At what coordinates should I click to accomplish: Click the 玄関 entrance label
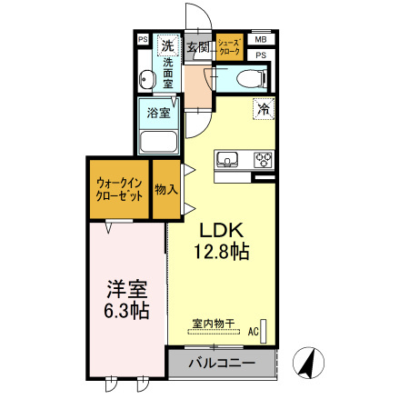196,46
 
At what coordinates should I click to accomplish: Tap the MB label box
260,41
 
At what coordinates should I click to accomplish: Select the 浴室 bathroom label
159,114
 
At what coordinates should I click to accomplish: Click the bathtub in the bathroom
159,143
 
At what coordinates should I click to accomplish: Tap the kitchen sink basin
226,160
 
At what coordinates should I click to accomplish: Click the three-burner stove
264,160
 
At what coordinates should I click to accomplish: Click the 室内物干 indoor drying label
214,323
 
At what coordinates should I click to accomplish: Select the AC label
254,332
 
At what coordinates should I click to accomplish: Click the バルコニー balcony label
220,364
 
